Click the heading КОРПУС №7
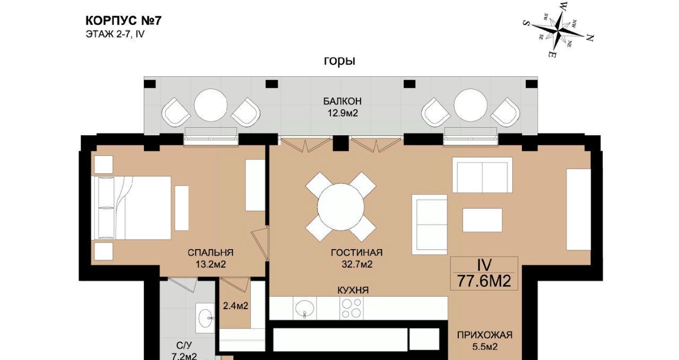(x=124, y=21)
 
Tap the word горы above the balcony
(x=339, y=61)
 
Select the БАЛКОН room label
(x=342, y=101)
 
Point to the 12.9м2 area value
(x=343, y=113)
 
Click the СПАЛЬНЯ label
(x=211, y=252)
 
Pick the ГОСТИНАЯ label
(x=357, y=252)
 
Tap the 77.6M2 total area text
(x=484, y=281)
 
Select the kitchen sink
(x=304, y=308)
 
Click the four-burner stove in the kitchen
(x=351, y=308)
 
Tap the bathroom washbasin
(x=205, y=318)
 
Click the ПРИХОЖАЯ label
(x=485, y=335)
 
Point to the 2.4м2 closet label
(x=236, y=306)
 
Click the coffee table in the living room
(x=482, y=220)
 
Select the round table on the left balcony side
(x=211, y=105)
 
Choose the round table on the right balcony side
(x=471, y=105)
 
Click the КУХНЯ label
(x=353, y=291)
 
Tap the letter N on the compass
(x=589, y=38)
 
